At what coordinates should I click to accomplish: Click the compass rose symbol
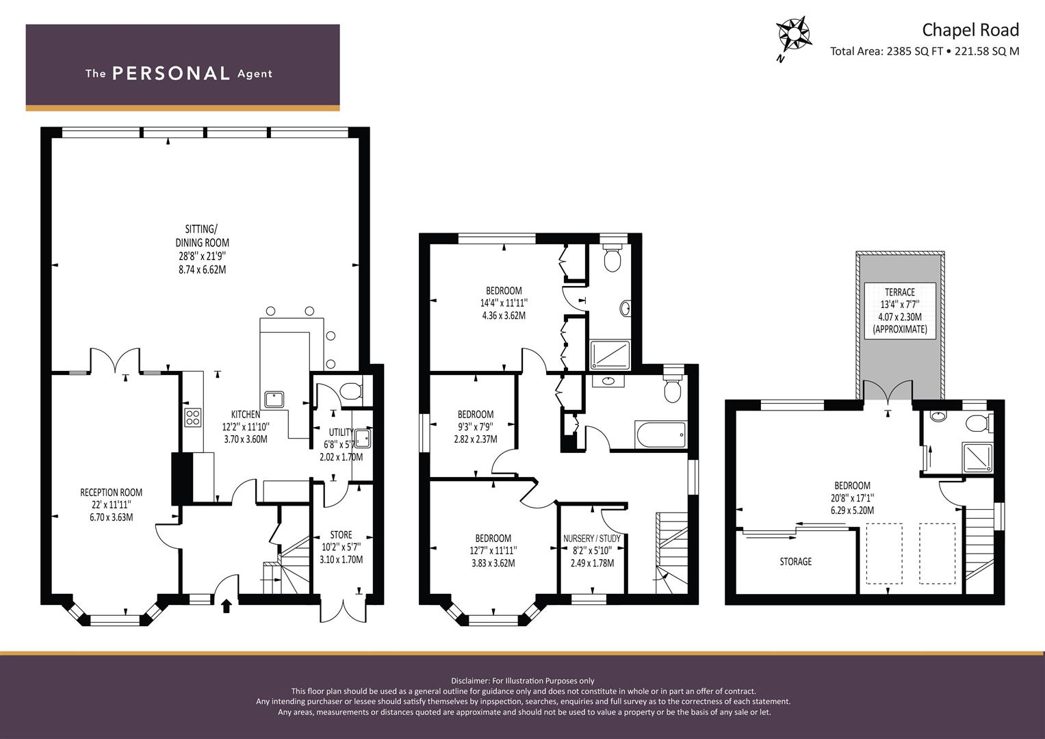(x=793, y=36)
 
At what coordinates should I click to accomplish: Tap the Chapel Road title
(x=970, y=30)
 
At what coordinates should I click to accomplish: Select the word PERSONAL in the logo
(x=171, y=73)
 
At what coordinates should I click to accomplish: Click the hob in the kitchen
(x=193, y=417)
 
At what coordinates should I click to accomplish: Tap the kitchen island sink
(x=274, y=400)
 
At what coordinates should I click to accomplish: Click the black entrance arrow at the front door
(x=227, y=606)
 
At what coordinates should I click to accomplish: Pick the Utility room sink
(x=362, y=439)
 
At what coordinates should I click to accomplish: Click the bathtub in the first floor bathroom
(x=660, y=435)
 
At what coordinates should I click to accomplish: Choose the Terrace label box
(x=900, y=310)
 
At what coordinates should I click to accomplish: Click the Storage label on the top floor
(x=796, y=562)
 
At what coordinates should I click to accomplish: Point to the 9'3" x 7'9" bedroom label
(x=476, y=426)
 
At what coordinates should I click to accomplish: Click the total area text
(x=924, y=51)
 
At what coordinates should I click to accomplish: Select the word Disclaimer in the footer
(x=469, y=681)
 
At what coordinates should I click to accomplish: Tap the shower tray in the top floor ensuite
(x=978, y=457)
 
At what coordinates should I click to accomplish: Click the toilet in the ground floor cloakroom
(x=351, y=391)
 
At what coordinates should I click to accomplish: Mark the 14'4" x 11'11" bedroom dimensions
(x=504, y=302)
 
